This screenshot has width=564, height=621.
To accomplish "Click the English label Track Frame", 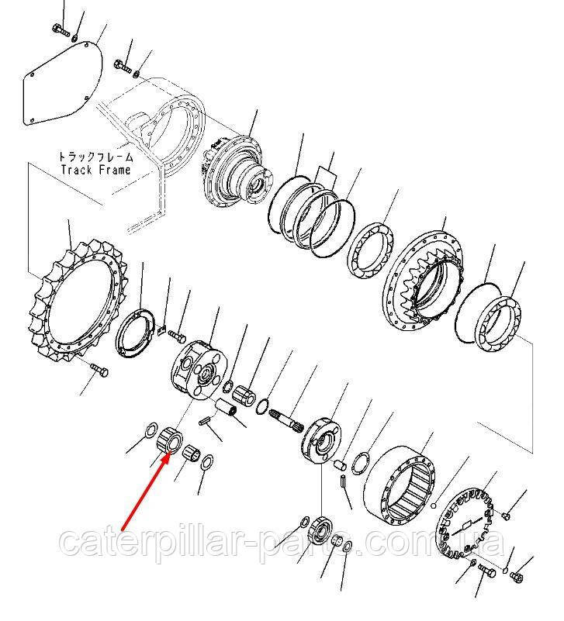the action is (x=95, y=171).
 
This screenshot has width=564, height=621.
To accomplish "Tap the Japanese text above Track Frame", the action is (x=96, y=157).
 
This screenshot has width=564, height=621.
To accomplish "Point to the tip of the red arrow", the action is (x=168, y=454).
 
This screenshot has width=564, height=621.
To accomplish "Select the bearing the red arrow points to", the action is (x=170, y=441).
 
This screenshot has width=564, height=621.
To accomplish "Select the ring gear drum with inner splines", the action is (x=400, y=486).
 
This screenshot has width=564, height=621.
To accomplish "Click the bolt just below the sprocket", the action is (x=99, y=370).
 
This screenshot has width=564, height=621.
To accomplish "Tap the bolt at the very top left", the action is (x=61, y=29).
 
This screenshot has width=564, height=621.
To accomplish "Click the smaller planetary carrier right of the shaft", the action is (x=320, y=440).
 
